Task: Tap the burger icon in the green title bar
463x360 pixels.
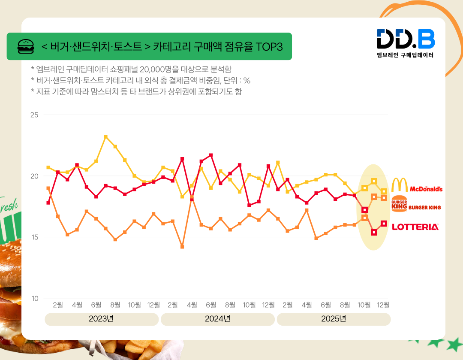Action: [26, 46]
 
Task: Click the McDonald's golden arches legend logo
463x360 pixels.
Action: [400, 185]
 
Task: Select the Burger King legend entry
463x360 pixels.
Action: [416, 206]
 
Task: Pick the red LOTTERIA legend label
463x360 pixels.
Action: [415, 227]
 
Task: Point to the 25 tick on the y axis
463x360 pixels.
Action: [34, 115]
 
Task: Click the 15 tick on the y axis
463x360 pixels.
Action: [34, 237]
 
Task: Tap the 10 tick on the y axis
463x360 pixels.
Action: [34, 298]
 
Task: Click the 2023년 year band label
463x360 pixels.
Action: [102, 319]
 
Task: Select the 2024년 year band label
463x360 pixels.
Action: [217, 319]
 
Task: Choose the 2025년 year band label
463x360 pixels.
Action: [333, 319]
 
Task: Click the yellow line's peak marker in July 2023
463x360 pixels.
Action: [105, 137]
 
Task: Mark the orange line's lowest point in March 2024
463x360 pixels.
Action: [182, 247]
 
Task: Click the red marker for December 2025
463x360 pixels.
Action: [384, 224]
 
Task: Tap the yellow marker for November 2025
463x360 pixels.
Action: [374, 181]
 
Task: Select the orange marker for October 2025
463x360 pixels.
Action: [364, 218]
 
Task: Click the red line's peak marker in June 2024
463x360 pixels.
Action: [211, 155]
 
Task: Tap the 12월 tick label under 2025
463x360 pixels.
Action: [383, 305]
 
